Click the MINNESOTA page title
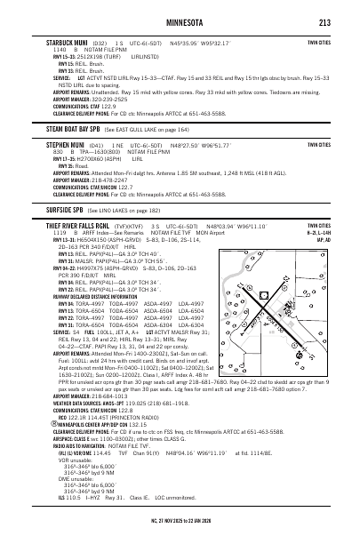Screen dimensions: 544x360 click(x=179, y=23)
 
